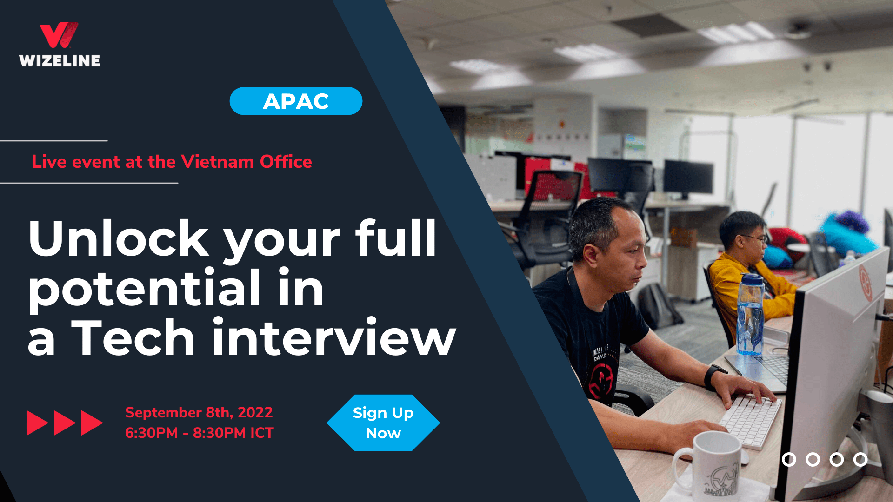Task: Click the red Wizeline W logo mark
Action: (59, 35)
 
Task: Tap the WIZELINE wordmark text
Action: (60, 61)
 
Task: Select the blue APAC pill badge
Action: (296, 101)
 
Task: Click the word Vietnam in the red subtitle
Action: (217, 162)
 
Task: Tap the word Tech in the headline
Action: (135, 338)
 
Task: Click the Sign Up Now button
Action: (383, 423)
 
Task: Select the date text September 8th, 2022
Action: (199, 412)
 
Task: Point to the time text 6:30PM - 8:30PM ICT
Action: (199, 433)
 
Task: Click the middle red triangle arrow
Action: (65, 423)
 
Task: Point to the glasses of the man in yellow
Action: (754, 238)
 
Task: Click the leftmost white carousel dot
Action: (789, 459)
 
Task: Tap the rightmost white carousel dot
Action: (860, 459)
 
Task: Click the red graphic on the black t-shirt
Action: (601, 380)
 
